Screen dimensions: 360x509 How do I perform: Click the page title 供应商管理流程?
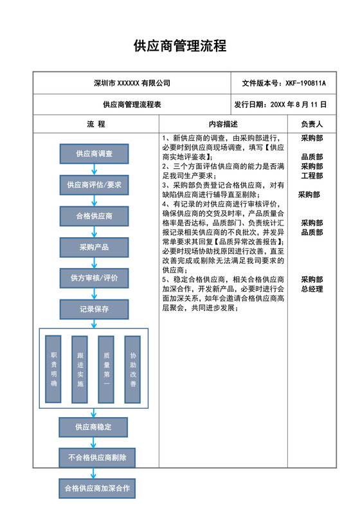click(x=179, y=46)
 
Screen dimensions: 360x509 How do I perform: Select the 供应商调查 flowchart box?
click(x=94, y=154)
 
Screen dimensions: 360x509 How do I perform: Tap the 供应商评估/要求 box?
click(x=94, y=185)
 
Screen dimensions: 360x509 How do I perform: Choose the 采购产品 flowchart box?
click(x=94, y=247)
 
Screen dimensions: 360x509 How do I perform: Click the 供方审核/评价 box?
click(x=94, y=278)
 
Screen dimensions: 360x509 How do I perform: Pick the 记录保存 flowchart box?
click(x=94, y=309)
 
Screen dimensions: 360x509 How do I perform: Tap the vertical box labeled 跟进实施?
click(x=80, y=369)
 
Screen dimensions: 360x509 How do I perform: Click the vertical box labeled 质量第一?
click(x=106, y=369)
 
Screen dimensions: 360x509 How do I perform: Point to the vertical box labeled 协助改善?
click(x=133, y=369)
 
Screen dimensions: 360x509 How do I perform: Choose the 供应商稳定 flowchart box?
click(x=94, y=426)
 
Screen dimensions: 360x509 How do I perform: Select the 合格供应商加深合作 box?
click(x=97, y=488)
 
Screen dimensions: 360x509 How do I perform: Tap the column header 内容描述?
click(x=223, y=124)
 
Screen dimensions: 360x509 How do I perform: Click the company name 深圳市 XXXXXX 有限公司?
click(x=132, y=84)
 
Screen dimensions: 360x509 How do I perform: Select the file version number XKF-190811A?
click(x=306, y=84)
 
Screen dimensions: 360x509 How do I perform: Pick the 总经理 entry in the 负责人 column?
click(x=312, y=289)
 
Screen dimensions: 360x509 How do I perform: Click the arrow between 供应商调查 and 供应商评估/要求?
click(x=94, y=169)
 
